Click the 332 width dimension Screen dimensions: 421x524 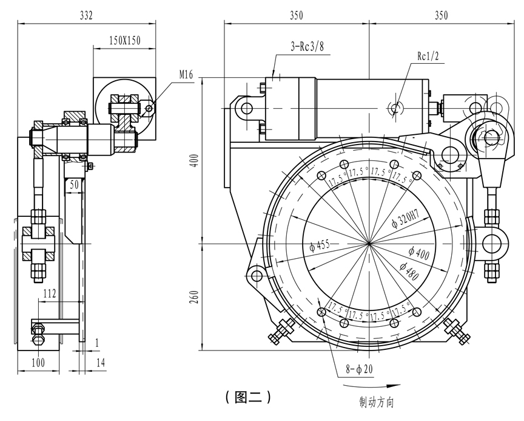(86, 16)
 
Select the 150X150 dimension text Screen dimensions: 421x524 (124, 41)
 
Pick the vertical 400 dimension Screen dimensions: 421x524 (194, 162)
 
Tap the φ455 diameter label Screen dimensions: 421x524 (318, 246)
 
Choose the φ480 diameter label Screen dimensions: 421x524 (412, 269)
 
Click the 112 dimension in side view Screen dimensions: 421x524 (50, 295)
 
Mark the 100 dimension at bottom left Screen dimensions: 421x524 (38, 363)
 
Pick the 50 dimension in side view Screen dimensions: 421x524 (75, 183)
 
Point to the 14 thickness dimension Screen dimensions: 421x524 (100, 363)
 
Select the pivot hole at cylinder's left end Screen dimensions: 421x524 (246, 108)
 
